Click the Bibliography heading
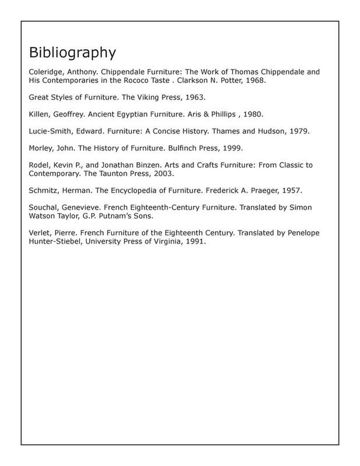coord(72,53)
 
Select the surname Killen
coord(38,114)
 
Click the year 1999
coord(233,148)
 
